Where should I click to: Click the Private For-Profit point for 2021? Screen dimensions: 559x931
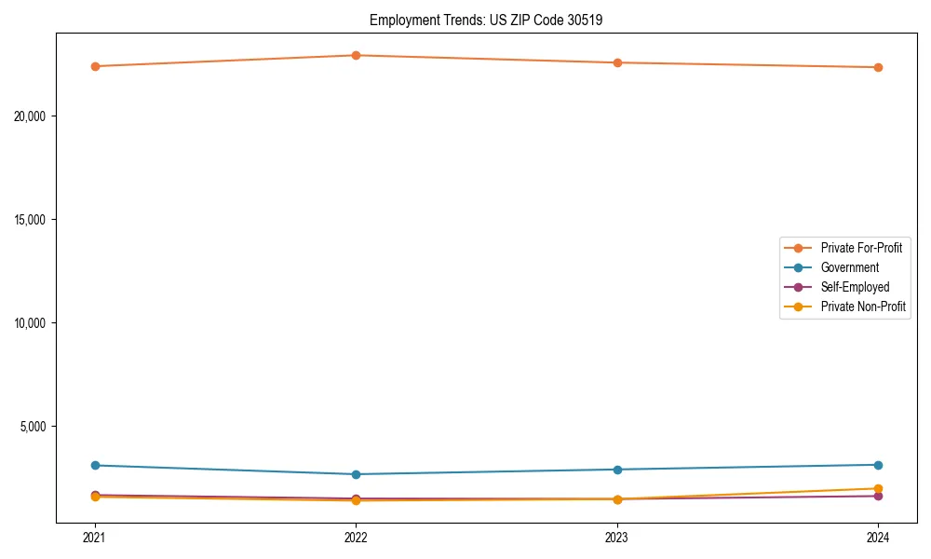(x=94, y=66)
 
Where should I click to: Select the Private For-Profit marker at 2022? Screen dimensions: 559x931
(x=356, y=55)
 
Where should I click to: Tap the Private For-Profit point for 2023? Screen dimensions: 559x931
(x=617, y=62)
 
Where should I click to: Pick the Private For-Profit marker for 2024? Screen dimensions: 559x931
(x=878, y=67)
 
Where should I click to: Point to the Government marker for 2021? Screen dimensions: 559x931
(x=94, y=465)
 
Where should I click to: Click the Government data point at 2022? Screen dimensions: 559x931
(x=356, y=474)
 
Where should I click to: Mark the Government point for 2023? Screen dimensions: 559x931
(x=617, y=470)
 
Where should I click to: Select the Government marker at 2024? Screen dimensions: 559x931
(x=878, y=465)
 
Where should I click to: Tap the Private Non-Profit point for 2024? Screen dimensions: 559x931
(x=878, y=488)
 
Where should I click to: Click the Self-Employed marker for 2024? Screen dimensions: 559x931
(x=878, y=496)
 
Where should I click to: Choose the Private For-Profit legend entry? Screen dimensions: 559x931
(x=860, y=248)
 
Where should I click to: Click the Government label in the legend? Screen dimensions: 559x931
(x=849, y=267)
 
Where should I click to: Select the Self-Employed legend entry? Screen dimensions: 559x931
(x=855, y=287)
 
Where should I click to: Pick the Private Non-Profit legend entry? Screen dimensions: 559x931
(x=863, y=307)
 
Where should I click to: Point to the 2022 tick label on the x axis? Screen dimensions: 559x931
(x=356, y=537)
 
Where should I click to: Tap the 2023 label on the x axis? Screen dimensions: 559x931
(x=617, y=537)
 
